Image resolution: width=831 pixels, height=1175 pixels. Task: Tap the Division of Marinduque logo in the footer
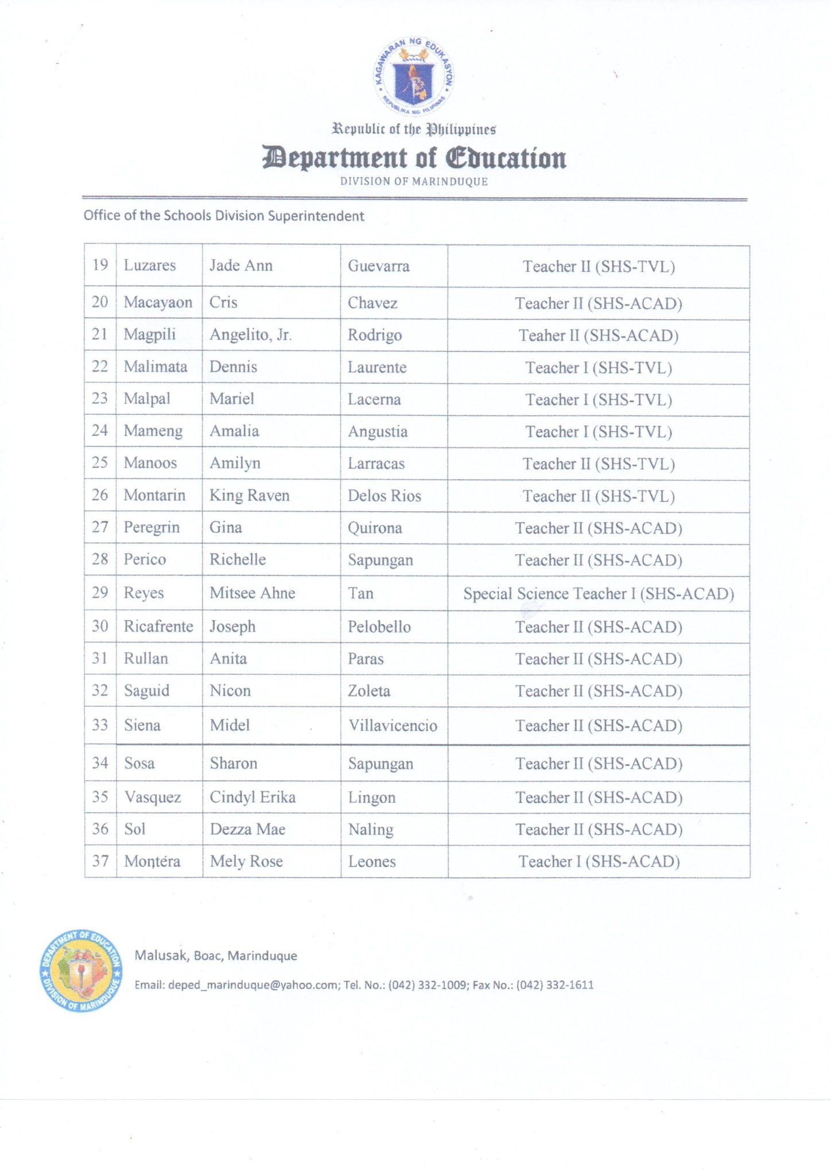pyautogui.click(x=81, y=970)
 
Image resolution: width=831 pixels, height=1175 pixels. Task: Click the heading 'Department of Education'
pyautogui.click(x=414, y=158)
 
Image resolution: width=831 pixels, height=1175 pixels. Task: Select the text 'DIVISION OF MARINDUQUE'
pyautogui.click(x=414, y=182)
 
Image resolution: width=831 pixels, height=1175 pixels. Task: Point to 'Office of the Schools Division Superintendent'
pyautogui.click(x=224, y=216)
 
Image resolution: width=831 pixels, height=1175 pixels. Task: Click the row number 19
pyautogui.click(x=100, y=265)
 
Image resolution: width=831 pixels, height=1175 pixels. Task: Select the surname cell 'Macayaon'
pyautogui.click(x=158, y=302)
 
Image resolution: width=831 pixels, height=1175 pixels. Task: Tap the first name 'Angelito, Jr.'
pyautogui.click(x=250, y=334)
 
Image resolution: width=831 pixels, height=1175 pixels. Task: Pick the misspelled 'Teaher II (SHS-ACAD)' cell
pyautogui.click(x=599, y=336)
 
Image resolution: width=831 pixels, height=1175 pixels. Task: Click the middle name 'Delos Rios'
pyautogui.click(x=385, y=496)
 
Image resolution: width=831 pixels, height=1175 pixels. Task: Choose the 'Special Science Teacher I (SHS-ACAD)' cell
pyautogui.click(x=599, y=593)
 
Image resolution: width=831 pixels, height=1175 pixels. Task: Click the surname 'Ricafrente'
pyautogui.click(x=158, y=626)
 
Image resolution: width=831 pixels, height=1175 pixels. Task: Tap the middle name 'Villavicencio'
pyautogui.click(x=393, y=726)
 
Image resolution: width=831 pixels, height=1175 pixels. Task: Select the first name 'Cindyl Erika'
pyautogui.click(x=253, y=797)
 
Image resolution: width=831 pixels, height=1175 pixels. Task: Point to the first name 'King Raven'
pyautogui.click(x=249, y=495)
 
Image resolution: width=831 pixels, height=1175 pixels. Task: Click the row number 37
pyautogui.click(x=100, y=861)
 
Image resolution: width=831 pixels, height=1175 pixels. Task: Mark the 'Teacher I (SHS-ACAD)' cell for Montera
pyautogui.click(x=599, y=861)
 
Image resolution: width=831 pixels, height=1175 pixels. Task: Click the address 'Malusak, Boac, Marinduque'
pyautogui.click(x=216, y=955)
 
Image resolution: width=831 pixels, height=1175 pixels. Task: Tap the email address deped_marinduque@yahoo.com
pyautogui.click(x=253, y=985)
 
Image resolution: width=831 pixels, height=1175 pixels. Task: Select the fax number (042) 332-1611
pyautogui.click(x=555, y=985)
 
